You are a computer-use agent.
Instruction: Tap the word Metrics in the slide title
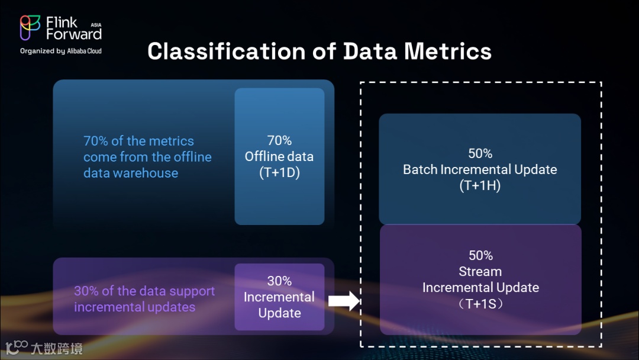[x=448, y=51]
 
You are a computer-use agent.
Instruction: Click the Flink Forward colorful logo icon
[x=30, y=28]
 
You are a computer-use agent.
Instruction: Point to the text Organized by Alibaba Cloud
[x=61, y=51]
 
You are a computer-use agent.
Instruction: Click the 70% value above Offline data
[x=279, y=140]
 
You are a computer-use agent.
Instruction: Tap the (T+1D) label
[x=279, y=173]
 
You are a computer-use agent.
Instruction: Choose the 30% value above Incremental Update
[x=279, y=281]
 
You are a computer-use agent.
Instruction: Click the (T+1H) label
[x=480, y=185]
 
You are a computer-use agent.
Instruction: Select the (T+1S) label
[x=480, y=304]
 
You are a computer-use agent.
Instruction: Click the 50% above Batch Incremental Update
[x=480, y=153]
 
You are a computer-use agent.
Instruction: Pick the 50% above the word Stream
[x=480, y=255]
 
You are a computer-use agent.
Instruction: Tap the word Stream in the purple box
[x=480, y=272]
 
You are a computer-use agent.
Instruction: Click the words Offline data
[x=279, y=157]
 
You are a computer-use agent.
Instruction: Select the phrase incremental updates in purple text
[x=134, y=307]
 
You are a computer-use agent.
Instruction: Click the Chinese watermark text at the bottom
[x=57, y=348]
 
